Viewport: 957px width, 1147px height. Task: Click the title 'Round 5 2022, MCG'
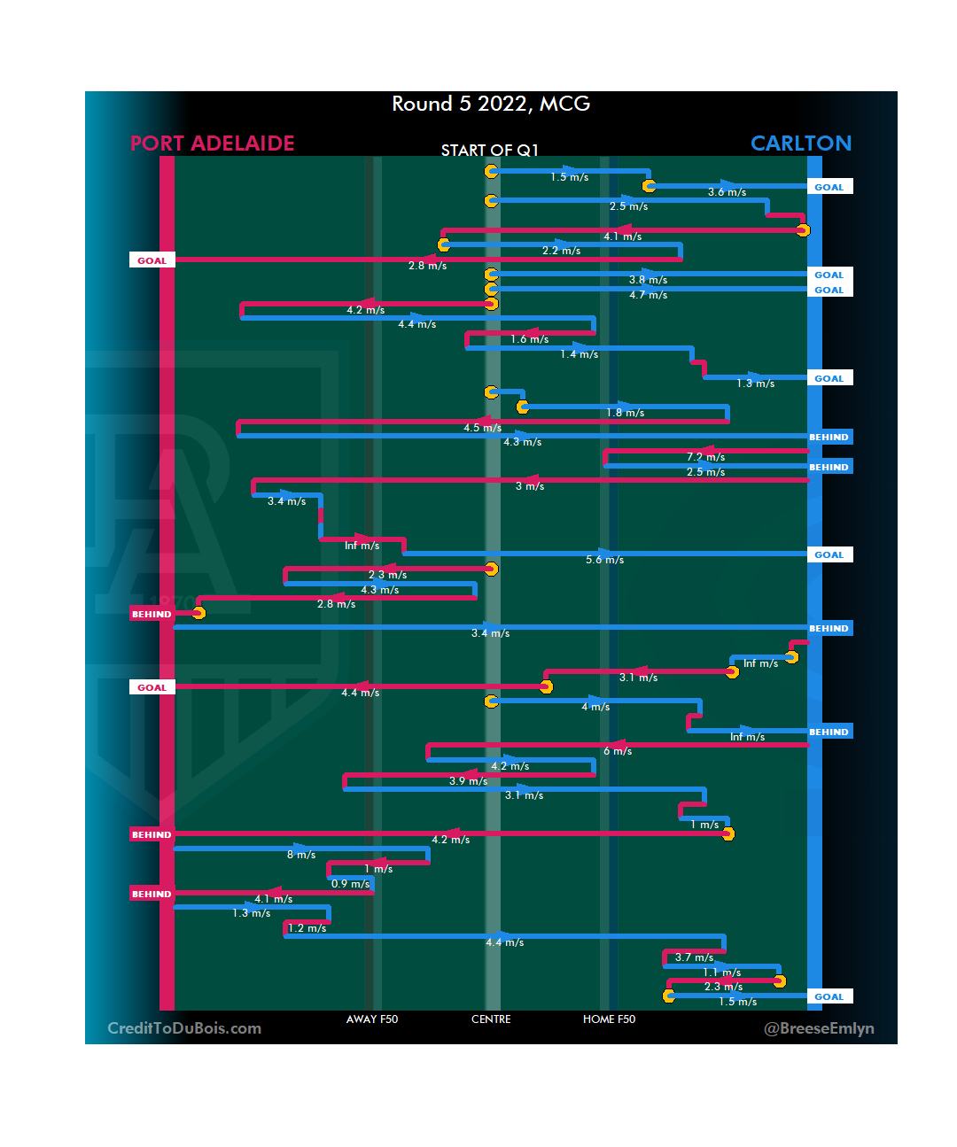coord(491,105)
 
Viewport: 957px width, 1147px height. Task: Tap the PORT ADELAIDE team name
coord(212,143)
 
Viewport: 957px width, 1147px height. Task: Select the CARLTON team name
coord(800,143)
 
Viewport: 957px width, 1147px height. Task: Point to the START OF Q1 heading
coord(489,151)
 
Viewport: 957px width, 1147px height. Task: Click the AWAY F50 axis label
coord(372,1019)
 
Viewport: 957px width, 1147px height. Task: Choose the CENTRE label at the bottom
coord(491,1019)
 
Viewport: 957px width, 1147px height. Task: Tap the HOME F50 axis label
coord(609,1019)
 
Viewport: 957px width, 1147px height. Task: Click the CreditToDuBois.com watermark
coord(184,1028)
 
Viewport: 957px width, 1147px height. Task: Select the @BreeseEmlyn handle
coord(819,1028)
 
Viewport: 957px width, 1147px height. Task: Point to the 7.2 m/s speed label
coord(705,457)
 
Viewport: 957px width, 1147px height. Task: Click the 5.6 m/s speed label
coord(604,560)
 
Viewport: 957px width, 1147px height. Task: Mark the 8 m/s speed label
coord(301,855)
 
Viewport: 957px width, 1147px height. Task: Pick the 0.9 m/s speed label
coord(350,884)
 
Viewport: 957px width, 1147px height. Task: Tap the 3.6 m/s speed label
coord(727,192)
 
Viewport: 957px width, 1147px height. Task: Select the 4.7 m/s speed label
coord(648,295)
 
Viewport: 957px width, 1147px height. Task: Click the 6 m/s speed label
coord(618,751)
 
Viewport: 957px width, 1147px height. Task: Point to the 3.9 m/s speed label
coord(468,781)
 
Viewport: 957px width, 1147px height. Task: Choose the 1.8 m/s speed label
coord(625,413)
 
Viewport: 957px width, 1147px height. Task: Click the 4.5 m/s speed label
coord(482,428)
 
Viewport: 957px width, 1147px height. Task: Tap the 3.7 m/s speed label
coord(694,957)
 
